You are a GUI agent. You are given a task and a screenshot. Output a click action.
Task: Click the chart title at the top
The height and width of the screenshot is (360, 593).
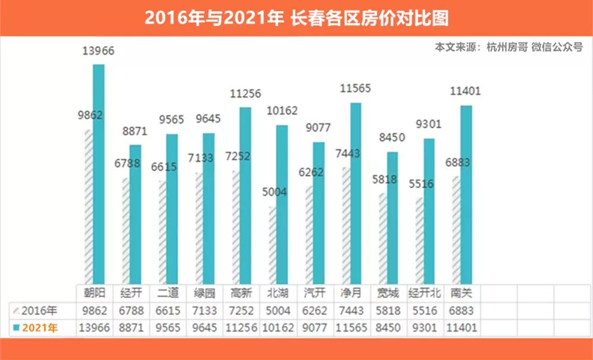click(x=296, y=18)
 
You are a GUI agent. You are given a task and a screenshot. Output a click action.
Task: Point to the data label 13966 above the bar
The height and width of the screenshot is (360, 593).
click(x=98, y=51)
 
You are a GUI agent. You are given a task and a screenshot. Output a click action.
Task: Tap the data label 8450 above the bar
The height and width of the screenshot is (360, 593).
click(x=392, y=137)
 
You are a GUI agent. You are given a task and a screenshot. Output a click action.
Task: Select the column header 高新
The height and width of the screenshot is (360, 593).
click(x=241, y=293)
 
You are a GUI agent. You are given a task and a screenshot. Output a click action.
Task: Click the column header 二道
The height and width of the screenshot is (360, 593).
click(x=168, y=293)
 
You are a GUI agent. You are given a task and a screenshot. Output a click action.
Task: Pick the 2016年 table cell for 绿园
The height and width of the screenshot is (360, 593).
click(x=205, y=310)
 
